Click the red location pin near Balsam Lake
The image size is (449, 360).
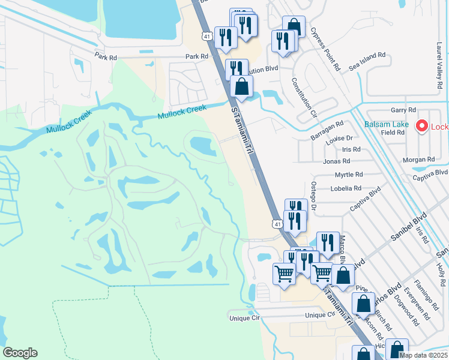coord(421,126)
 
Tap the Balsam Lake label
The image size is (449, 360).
coord(386,125)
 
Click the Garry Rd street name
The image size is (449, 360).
coord(403,110)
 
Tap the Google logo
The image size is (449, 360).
coord(20,353)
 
